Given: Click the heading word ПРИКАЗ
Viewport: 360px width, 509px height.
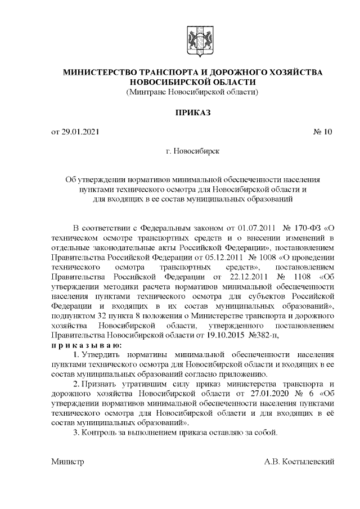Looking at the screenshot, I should point(193,112).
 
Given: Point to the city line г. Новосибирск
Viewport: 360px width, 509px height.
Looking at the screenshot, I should point(193,151).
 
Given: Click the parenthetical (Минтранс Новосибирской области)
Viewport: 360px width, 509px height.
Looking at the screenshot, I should point(193,92).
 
